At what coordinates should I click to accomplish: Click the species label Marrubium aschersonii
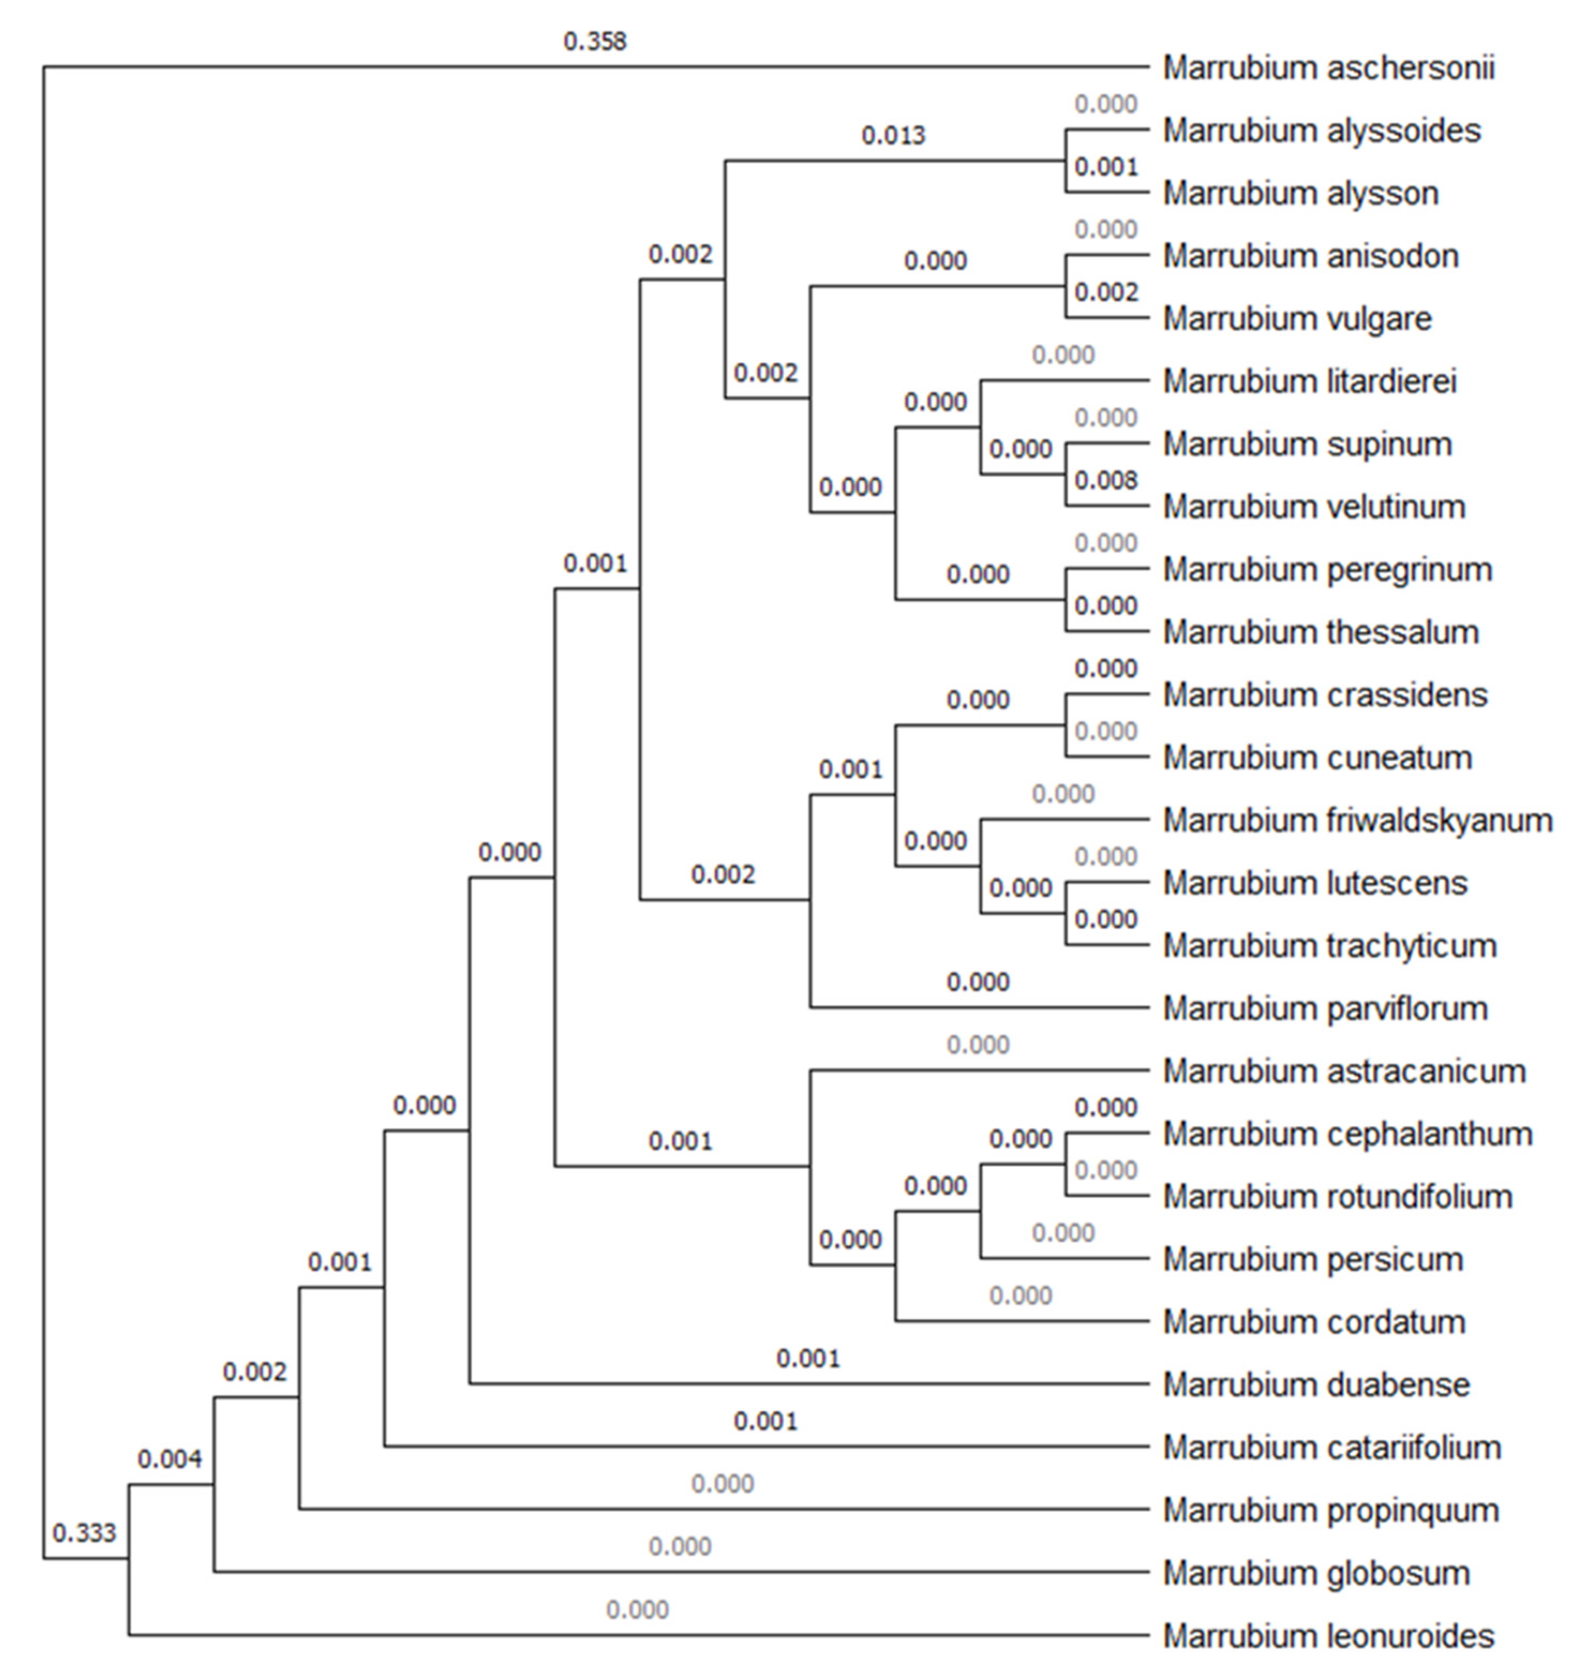pyautogui.click(x=1328, y=68)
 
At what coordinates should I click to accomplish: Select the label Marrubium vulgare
pyautogui.click(x=1297, y=319)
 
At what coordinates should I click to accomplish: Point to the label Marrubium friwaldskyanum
pyautogui.click(x=1357, y=821)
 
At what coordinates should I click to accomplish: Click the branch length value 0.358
pyautogui.click(x=595, y=41)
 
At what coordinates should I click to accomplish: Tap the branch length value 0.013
pyautogui.click(x=893, y=135)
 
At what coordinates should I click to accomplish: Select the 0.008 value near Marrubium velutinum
pyautogui.click(x=1105, y=480)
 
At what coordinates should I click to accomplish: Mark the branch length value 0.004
pyautogui.click(x=169, y=1459)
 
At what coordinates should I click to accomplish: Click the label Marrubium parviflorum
pyautogui.click(x=1325, y=1009)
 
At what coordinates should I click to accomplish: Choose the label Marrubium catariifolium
pyautogui.click(x=1331, y=1447)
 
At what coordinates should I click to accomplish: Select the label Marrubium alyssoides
pyautogui.click(x=1321, y=131)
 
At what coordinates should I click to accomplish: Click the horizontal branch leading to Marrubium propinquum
pyautogui.click(x=722, y=1509)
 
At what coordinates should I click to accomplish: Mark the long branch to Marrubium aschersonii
pyautogui.click(x=595, y=66)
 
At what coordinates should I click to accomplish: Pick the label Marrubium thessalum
pyautogui.click(x=1321, y=632)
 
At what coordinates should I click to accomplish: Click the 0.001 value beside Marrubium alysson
pyautogui.click(x=1105, y=167)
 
